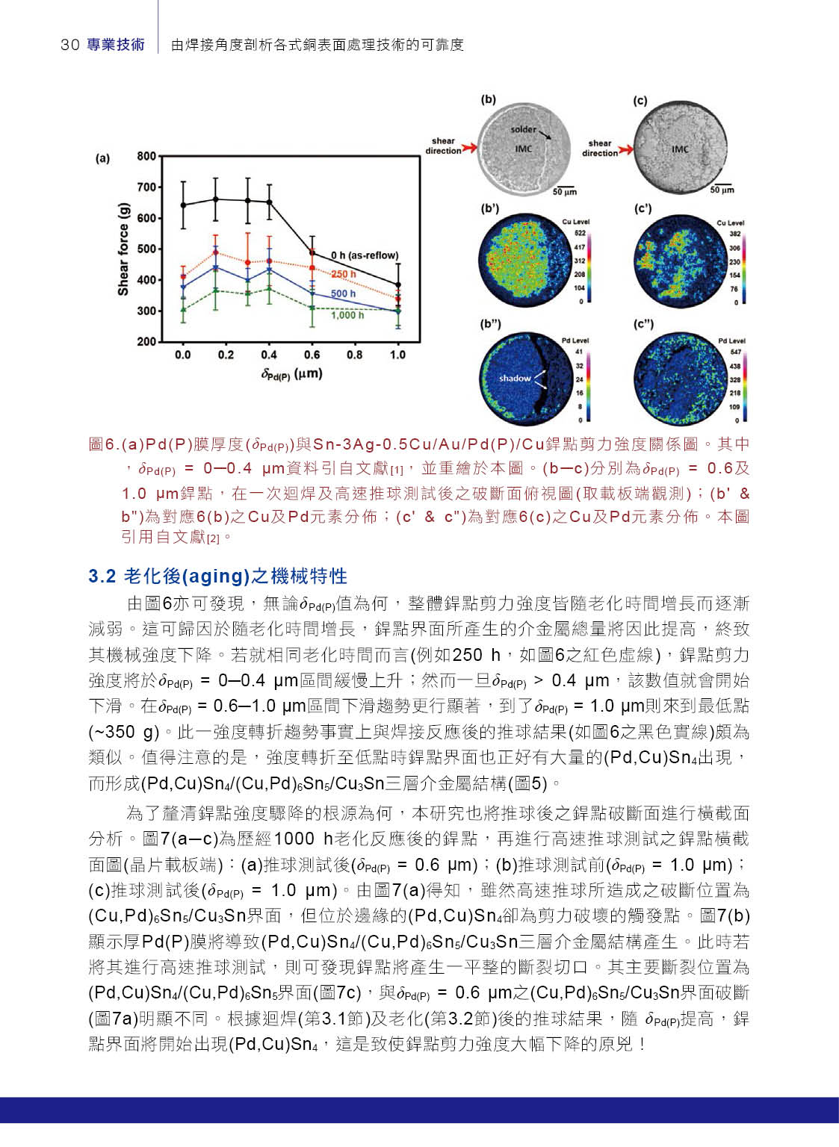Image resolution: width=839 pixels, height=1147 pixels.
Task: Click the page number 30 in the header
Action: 69,45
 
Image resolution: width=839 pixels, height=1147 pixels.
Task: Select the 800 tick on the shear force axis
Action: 146,156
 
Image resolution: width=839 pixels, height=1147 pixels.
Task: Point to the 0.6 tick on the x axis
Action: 312,355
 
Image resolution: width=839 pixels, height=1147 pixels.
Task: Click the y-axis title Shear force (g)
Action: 123,249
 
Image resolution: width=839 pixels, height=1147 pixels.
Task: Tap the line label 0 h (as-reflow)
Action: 365,255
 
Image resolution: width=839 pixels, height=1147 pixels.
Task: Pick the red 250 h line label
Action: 344,274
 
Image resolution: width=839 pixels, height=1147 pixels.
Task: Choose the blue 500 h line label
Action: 344,293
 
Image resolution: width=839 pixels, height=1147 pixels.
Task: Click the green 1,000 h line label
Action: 347,315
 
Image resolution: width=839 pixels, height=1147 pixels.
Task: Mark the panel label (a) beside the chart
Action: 102,158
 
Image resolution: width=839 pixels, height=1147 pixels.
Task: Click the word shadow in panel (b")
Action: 515,378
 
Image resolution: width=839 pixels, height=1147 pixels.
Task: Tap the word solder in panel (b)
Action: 523,129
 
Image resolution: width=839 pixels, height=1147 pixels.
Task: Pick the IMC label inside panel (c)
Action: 680,149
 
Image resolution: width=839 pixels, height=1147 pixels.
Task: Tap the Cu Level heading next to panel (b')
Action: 575,222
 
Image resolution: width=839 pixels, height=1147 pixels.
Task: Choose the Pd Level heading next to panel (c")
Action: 731,341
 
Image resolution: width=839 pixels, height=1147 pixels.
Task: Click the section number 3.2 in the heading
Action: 102,576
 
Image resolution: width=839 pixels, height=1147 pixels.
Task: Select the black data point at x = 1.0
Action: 397,285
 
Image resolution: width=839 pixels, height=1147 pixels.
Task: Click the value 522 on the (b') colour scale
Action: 580,233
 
